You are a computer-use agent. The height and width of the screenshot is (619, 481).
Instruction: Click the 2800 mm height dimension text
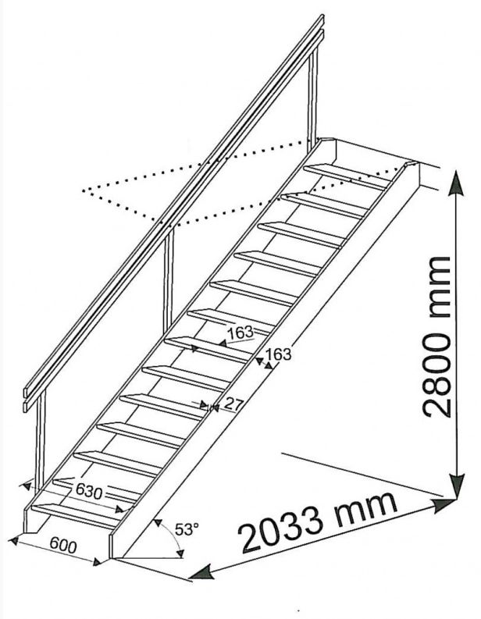pos(436,336)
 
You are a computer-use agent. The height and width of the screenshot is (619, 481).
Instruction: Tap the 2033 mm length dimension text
pos(319,521)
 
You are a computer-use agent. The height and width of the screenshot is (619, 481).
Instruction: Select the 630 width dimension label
pos(89,492)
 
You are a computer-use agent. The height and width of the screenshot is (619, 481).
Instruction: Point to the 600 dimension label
pos(63,546)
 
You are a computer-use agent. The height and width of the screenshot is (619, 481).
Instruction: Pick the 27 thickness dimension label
pos(233,404)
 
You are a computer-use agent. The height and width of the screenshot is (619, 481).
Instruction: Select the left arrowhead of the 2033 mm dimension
pos(202,571)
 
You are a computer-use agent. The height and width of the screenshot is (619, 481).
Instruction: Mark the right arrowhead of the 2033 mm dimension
pos(444,505)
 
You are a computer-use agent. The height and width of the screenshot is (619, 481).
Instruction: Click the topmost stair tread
pos(347,176)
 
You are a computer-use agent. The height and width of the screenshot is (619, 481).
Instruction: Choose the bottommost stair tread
pos(76,515)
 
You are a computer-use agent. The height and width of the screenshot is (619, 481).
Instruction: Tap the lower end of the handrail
pos(27,399)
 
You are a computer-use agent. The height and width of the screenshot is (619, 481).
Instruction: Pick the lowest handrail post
pos(41,441)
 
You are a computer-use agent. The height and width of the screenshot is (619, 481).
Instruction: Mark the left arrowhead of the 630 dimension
pos(27,486)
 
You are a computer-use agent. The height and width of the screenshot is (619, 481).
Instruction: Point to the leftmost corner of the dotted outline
pos(83,190)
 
